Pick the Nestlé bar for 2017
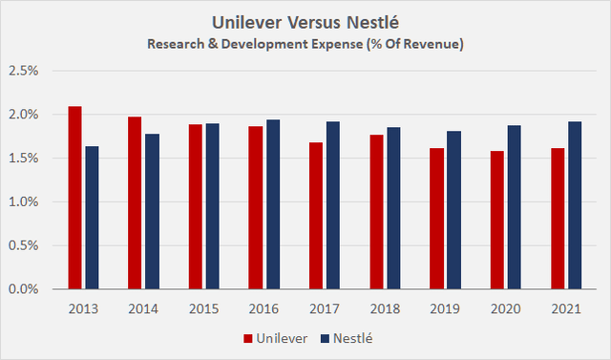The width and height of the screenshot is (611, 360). click(x=332, y=205)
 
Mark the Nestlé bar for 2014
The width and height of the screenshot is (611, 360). click(x=152, y=211)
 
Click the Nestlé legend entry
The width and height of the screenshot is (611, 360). click(x=344, y=337)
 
